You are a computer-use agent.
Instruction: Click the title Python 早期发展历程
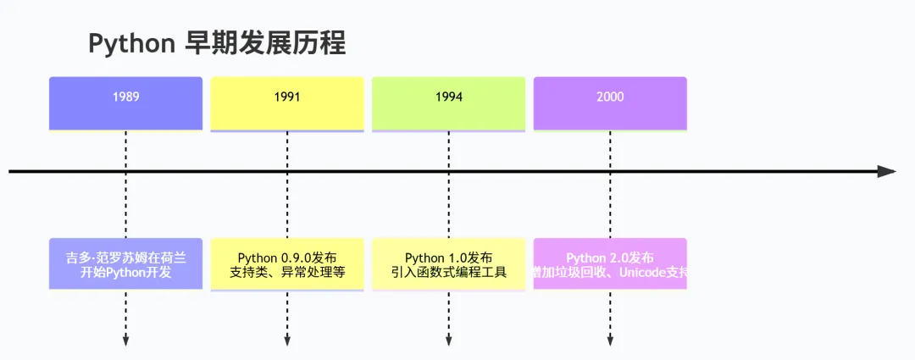pos(217,43)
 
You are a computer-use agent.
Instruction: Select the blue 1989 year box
pos(125,103)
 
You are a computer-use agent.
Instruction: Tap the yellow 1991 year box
pos(287,103)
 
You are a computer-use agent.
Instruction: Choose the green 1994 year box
pos(448,103)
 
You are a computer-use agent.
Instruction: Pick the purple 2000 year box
pos(610,103)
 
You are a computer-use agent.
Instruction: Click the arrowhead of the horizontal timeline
pos(886,171)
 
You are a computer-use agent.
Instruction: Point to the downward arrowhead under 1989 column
pos(125,341)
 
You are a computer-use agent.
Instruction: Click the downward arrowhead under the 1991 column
pos(287,341)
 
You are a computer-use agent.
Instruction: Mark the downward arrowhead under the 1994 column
pos(448,341)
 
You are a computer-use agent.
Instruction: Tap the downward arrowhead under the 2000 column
pos(610,341)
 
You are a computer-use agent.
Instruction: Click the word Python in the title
pos(131,44)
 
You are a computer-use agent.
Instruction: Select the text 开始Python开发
pos(125,273)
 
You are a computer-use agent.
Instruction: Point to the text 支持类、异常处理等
pos(287,273)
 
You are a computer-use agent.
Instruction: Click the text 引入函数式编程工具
pos(448,273)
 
